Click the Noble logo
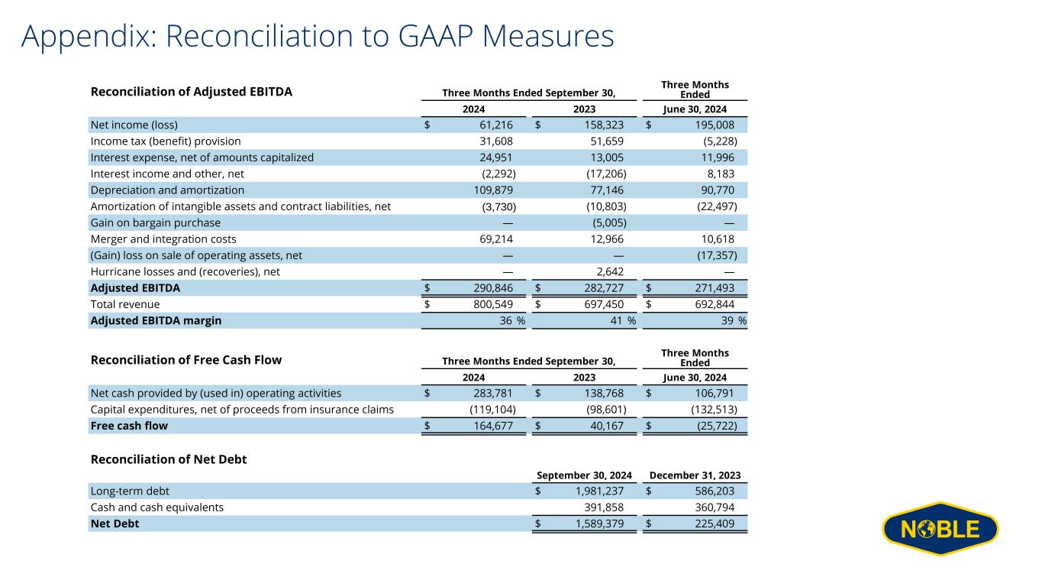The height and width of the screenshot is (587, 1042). pos(940,529)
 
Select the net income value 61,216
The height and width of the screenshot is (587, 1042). pos(496,125)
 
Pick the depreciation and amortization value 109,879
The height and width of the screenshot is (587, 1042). pos(493,190)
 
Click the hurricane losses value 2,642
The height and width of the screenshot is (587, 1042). pos(610,271)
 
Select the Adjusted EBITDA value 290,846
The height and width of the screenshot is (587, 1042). pos(493,288)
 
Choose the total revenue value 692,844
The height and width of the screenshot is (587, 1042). pos(715,304)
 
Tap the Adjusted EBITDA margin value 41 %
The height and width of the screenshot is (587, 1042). pos(623,320)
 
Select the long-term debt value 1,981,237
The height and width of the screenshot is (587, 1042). pos(599,491)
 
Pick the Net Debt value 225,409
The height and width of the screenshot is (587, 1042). pos(715,524)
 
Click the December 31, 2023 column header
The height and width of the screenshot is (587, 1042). pos(695,475)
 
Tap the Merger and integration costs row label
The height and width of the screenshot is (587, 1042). pos(163,239)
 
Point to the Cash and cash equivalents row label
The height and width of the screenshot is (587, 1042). pos(156,508)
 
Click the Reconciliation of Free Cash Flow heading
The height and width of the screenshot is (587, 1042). pos(186,360)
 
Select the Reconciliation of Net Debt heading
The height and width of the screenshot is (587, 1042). pos(169,459)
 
